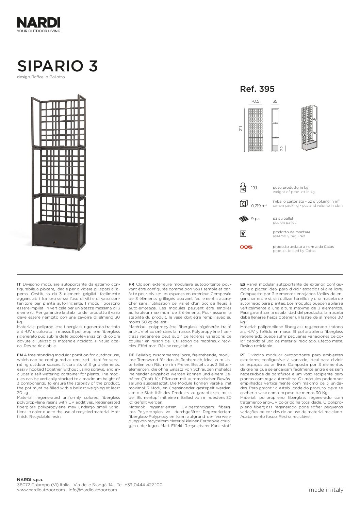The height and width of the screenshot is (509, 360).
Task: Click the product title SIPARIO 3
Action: click(58, 66)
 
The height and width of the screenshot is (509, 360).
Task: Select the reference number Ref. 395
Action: click(257, 89)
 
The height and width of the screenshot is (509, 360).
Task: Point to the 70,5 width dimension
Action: click(255, 101)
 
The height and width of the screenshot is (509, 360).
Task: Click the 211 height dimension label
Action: click(241, 129)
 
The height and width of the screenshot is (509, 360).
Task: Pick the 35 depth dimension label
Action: click(275, 101)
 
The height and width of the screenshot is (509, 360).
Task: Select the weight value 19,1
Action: click(254, 187)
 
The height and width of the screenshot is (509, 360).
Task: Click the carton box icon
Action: click(243, 204)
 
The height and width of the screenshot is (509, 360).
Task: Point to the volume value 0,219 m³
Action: click(259, 206)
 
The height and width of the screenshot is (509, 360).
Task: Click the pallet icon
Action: click(244, 219)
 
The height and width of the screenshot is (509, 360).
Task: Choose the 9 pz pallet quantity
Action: click(255, 219)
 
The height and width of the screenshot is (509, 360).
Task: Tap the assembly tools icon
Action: click(243, 234)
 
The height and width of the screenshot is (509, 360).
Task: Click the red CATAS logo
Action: click(246, 247)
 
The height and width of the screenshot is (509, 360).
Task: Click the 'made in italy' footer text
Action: click(326, 490)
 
